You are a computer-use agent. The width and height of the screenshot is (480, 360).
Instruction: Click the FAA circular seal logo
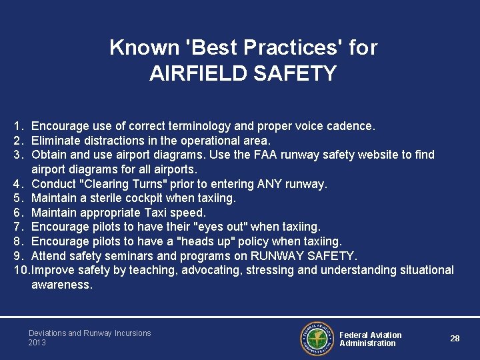(x=317, y=338)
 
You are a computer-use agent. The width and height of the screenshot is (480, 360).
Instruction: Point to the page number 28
(x=455, y=339)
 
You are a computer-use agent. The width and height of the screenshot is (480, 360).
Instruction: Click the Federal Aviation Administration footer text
(x=370, y=339)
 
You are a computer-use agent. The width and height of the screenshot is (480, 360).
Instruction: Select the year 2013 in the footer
(x=37, y=343)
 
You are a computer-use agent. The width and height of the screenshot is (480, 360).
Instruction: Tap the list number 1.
(x=17, y=126)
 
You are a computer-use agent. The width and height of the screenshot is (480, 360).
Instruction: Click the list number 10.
(x=21, y=270)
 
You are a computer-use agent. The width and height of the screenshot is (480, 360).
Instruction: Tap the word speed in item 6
(x=190, y=213)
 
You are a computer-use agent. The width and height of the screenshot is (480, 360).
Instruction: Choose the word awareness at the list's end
(x=62, y=285)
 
